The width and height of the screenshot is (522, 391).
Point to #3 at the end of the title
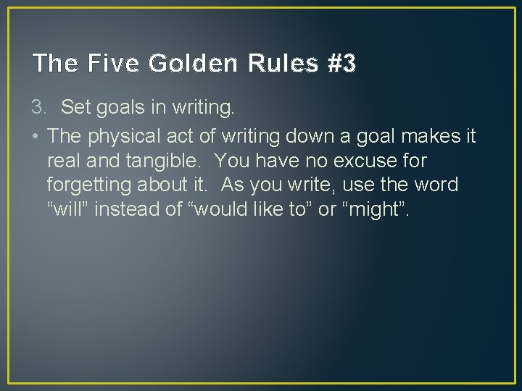point(341,64)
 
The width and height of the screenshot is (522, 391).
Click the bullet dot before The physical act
point(36,135)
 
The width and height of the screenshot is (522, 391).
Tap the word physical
point(123,135)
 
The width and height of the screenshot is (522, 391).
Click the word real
point(62,160)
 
